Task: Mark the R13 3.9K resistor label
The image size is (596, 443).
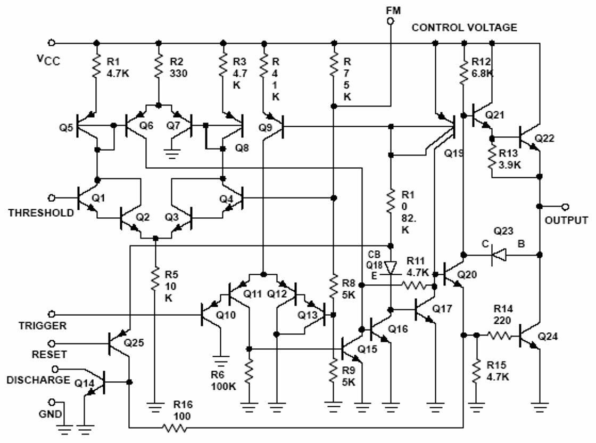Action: coord(511,159)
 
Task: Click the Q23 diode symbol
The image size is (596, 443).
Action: coord(498,256)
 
